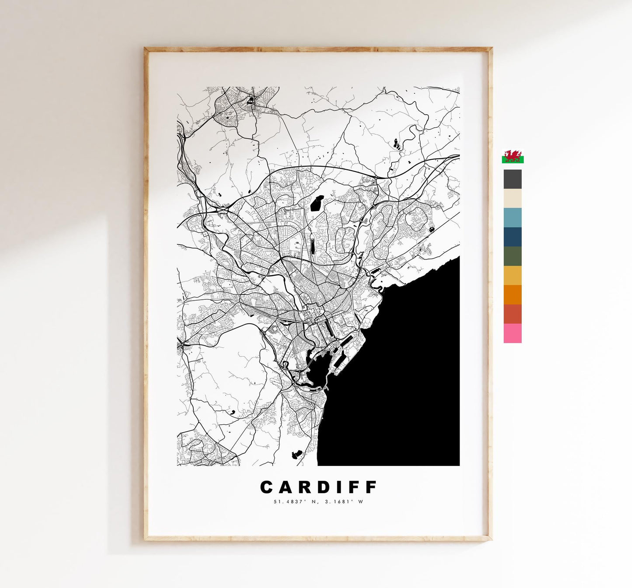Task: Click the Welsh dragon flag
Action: tap(513, 157)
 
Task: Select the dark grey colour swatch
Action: tap(513, 179)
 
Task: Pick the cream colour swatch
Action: tap(513, 198)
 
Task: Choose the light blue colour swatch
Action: tap(513, 217)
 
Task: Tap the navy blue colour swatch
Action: tap(513, 237)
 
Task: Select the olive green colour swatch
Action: tap(513, 256)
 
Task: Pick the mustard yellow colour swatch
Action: tap(513, 275)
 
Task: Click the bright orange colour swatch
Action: tap(513, 294)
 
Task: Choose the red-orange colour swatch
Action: tap(513, 314)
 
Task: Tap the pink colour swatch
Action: tap(513, 333)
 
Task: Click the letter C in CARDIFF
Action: tap(267, 487)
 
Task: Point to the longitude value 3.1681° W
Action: tap(344, 502)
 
